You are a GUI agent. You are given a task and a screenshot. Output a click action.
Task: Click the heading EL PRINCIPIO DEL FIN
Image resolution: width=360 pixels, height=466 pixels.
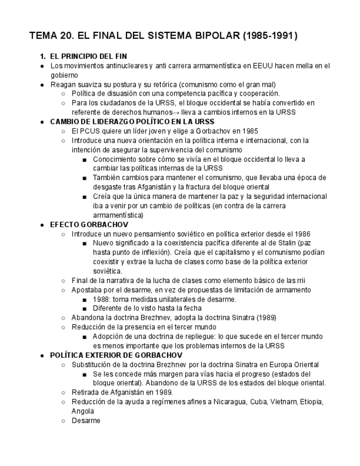tap(87, 57)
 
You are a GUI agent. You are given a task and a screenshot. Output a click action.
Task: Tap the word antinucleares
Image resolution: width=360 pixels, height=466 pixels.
tap(120, 66)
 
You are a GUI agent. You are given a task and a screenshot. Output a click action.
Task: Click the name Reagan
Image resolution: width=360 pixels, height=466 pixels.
tap(62, 85)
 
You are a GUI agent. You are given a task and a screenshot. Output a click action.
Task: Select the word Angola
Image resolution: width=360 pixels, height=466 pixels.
tap(82, 411)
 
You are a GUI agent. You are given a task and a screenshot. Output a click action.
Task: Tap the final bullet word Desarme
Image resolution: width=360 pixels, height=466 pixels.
tap(86, 420)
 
